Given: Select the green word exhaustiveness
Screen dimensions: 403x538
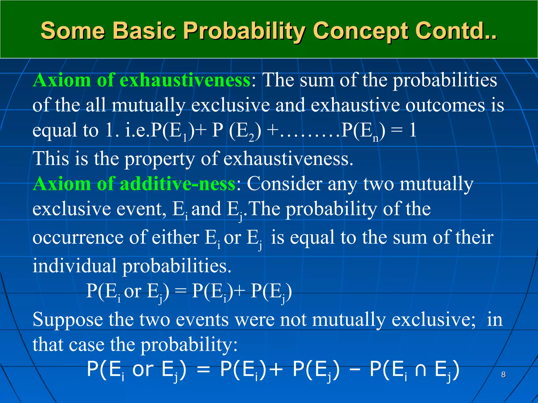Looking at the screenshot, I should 185,80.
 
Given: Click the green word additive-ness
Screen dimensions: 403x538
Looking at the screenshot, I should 177,183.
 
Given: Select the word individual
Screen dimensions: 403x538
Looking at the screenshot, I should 74,266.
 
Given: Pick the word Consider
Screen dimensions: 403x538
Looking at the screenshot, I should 284,183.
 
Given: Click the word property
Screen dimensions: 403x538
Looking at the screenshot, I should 159,159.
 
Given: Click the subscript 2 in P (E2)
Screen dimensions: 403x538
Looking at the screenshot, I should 251,138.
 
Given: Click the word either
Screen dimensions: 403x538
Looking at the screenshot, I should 175,238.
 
